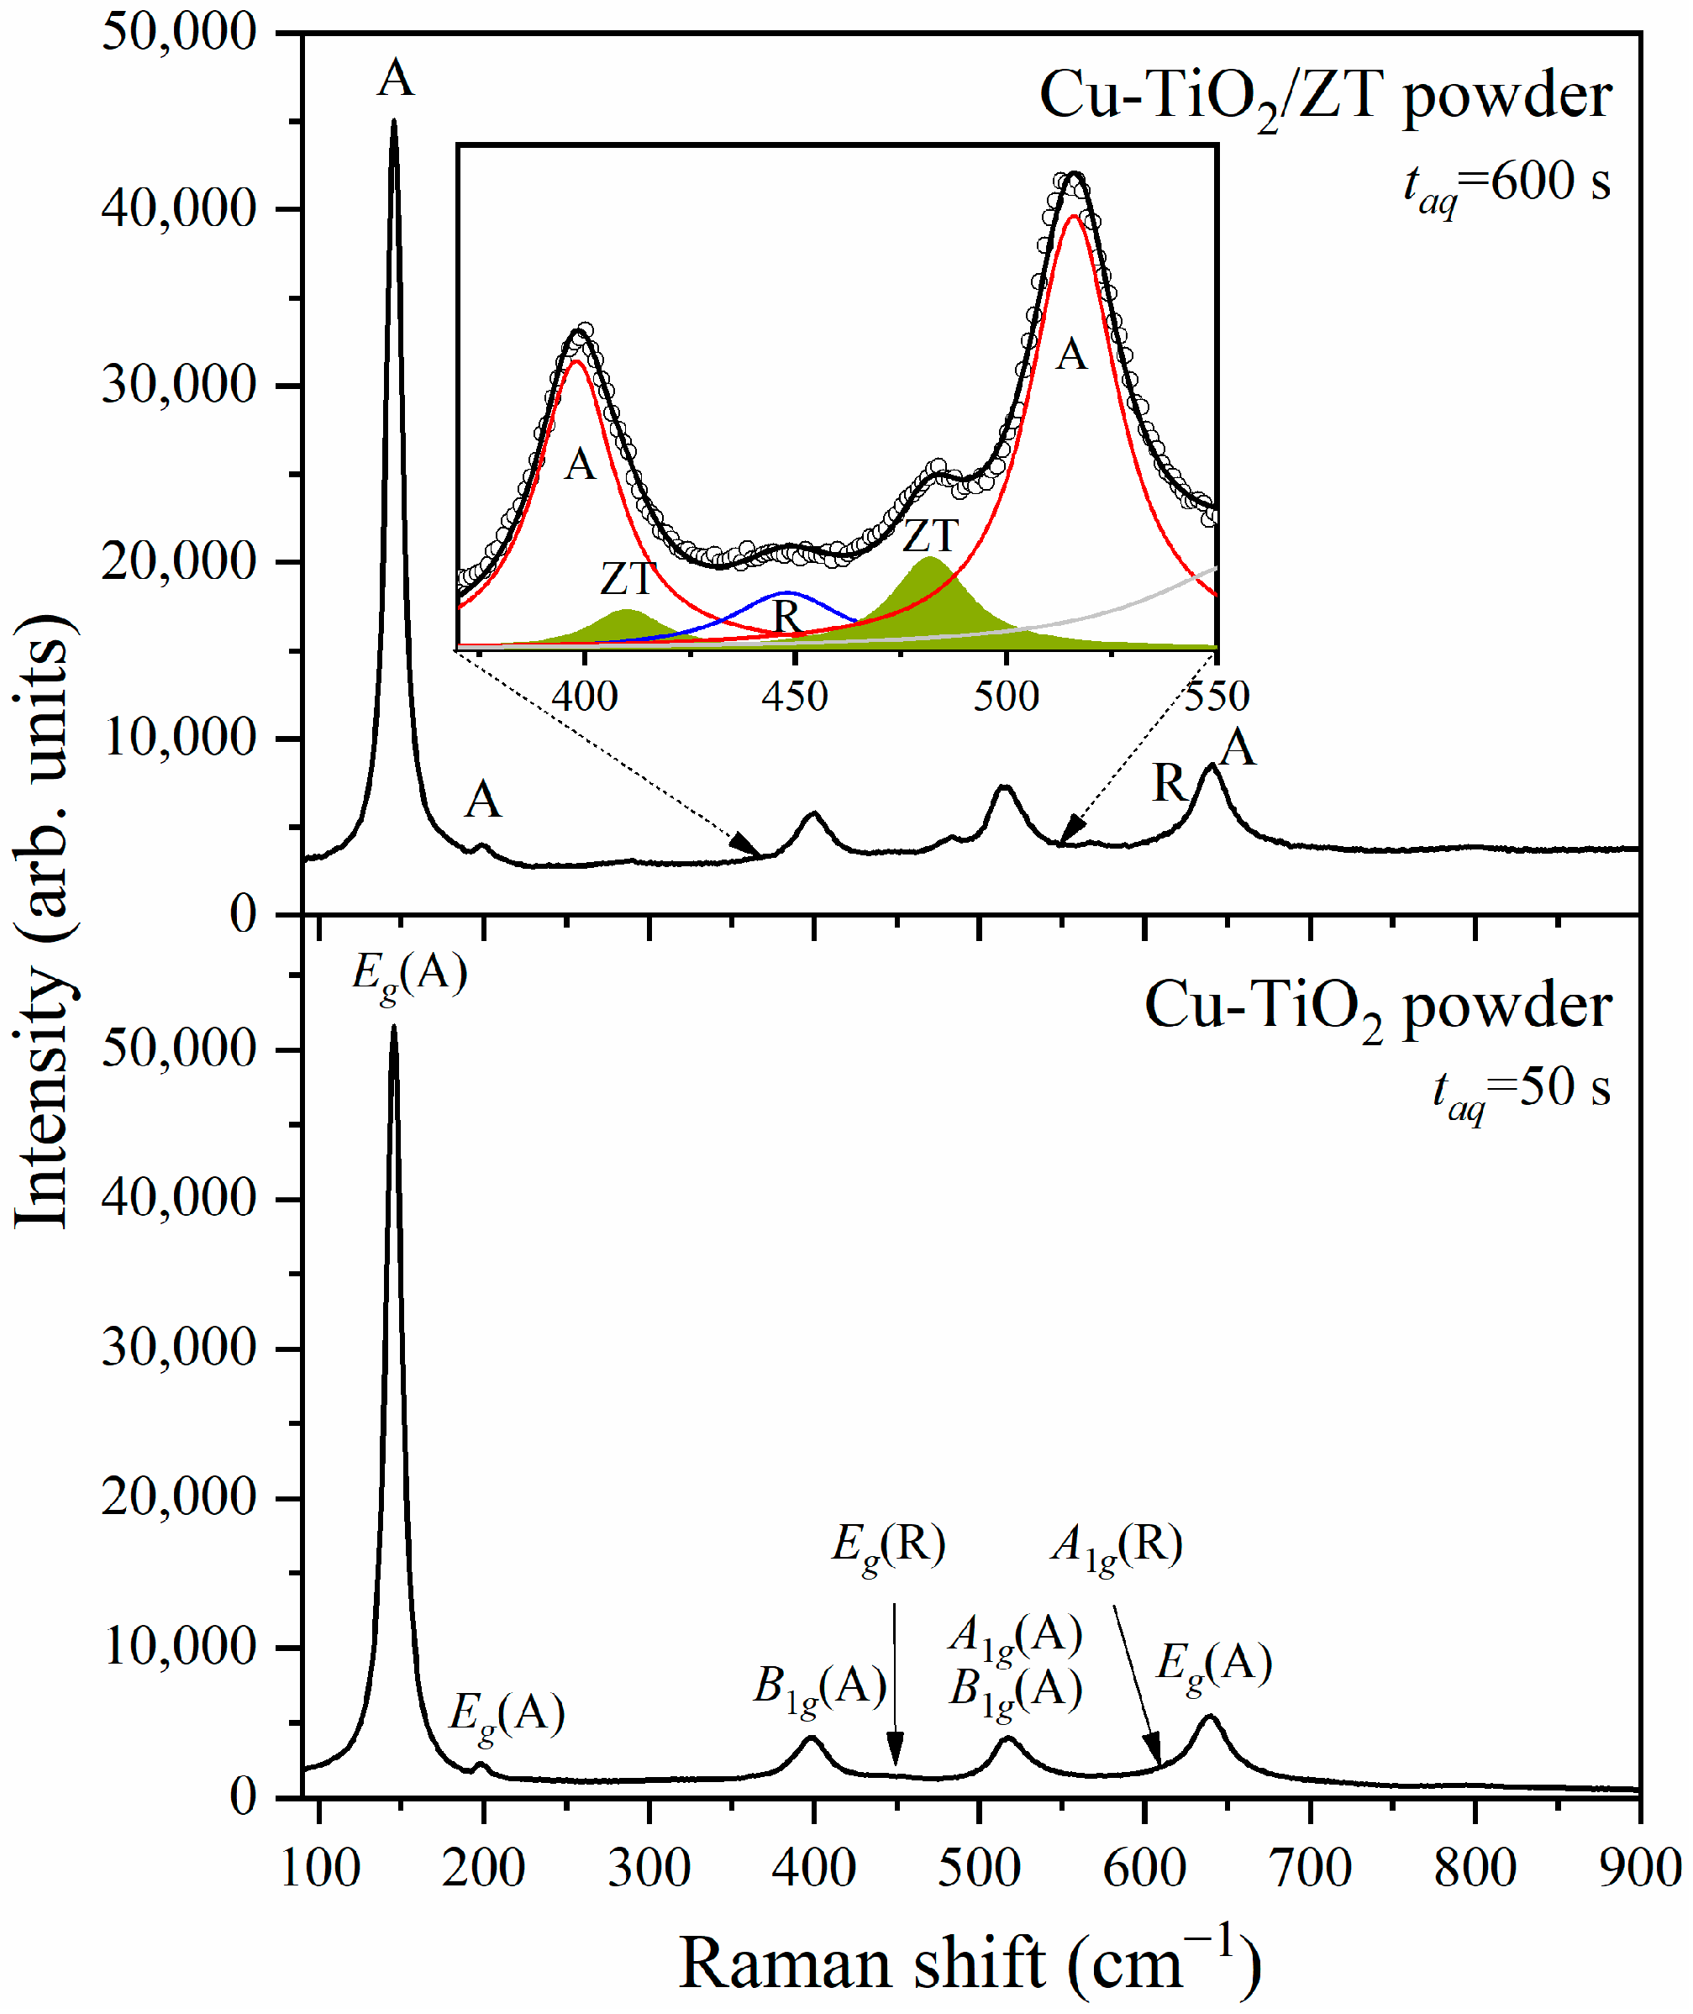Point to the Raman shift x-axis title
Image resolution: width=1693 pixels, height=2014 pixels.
tap(970, 1963)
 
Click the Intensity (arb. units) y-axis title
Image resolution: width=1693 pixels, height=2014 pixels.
tap(43, 921)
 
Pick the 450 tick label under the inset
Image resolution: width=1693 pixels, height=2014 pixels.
tap(794, 696)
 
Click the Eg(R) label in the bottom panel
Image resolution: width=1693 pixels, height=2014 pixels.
tap(888, 1546)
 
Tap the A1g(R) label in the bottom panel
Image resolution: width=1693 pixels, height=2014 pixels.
tap(1116, 1546)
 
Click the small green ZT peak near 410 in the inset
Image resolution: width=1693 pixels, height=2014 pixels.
tap(627, 610)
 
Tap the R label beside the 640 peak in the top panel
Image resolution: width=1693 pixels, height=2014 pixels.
tap(1169, 784)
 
